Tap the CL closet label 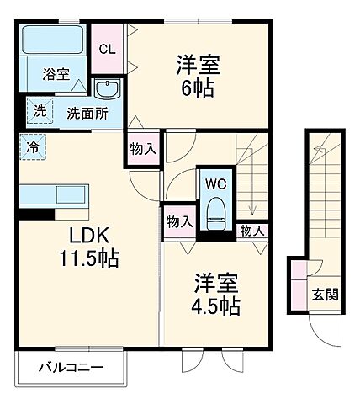pos(108,49)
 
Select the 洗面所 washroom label pos(87,113)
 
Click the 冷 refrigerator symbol pos(32,145)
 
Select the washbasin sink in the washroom pos(108,90)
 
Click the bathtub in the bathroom pos(53,40)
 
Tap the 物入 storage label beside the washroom pos(143,148)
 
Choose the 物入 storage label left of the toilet pos(179,221)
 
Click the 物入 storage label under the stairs pos(251,229)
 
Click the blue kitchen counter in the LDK pos(53,194)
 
